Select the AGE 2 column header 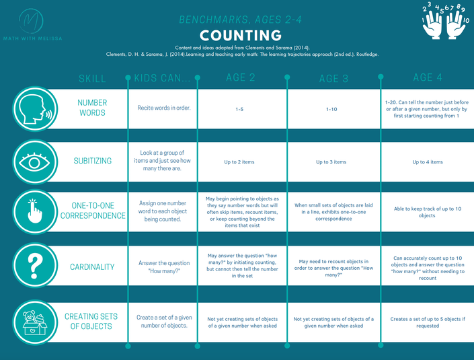[x=240, y=77]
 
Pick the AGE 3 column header [x=329, y=78]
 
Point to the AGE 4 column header [x=423, y=77]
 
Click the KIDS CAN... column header [x=161, y=78]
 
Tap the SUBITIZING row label [x=92, y=161]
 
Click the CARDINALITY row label [x=92, y=266]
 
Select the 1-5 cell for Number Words [x=240, y=108]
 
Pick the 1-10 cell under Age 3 [x=330, y=108]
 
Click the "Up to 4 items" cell [x=428, y=161]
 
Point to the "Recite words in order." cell [x=164, y=108]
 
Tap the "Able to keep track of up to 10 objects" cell [x=428, y=212]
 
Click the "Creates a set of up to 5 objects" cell [x=428, y=322]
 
